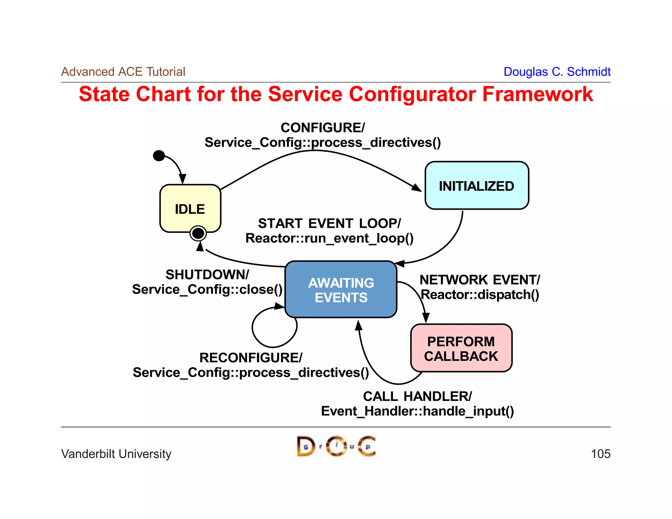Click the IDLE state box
coord(190,208)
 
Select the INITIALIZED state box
coord(476,186)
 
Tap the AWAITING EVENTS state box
coord(341,290)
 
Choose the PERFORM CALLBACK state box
coord(461,348)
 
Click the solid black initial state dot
coord(159,156)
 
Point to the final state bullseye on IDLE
coord(198,233)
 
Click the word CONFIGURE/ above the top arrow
coord(323,128)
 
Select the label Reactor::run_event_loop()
coord(329,238)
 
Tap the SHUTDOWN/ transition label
coord(207,275)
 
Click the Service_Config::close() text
coord(207,289)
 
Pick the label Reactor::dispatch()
coord(480,295)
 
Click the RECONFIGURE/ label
coord(251,358)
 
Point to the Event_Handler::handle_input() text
coord(417,411)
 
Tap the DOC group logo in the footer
coord(336,446)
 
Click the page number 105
coord(600,454)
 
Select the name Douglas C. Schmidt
coord(557,72)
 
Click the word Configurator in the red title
coord(412,94)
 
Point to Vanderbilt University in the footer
coord(116,454)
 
